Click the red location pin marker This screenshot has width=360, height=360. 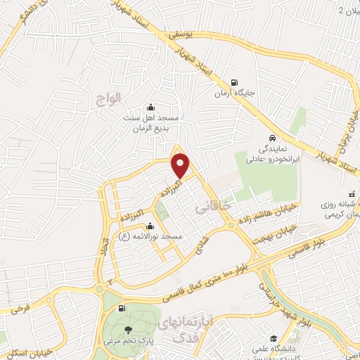point(181,165)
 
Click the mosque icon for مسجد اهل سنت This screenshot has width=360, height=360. point(149,108)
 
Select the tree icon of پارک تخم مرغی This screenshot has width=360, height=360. point(127,329)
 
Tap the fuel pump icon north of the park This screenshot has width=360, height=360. point(123,307)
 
